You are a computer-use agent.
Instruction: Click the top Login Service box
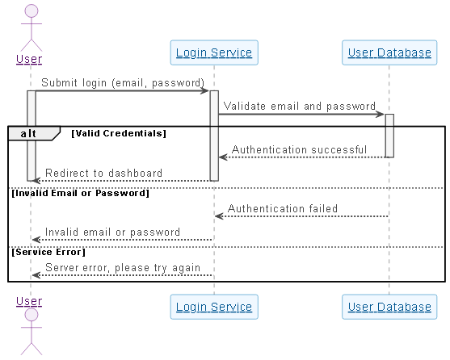[x=214, y=53]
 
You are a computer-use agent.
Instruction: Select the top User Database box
[x=389, y=53]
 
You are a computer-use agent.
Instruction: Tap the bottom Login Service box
[x=214, y=307]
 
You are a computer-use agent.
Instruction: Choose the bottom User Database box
[x=389, y=307]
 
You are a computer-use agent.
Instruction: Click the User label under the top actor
[x=29, y=59]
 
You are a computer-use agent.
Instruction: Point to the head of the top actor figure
[x=32, y=10]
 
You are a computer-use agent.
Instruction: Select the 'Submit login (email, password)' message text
[x=123, y=82]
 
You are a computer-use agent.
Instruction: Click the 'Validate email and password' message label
[x=299, y=106]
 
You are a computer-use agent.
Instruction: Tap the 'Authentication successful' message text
[x=299, y=149]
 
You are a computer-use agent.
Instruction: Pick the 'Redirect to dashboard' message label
[x=103, y=173]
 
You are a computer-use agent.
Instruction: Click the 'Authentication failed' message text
[x=283, y=208]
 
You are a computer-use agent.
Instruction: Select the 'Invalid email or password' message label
[x=112, y=232]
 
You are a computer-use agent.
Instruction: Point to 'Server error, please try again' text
[x=123, y=267]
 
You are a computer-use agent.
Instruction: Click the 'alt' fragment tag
[x=29, y=133]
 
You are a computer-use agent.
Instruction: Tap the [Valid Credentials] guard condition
[x=119, y=132]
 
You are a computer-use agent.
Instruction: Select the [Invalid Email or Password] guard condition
[x=80, y=193]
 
